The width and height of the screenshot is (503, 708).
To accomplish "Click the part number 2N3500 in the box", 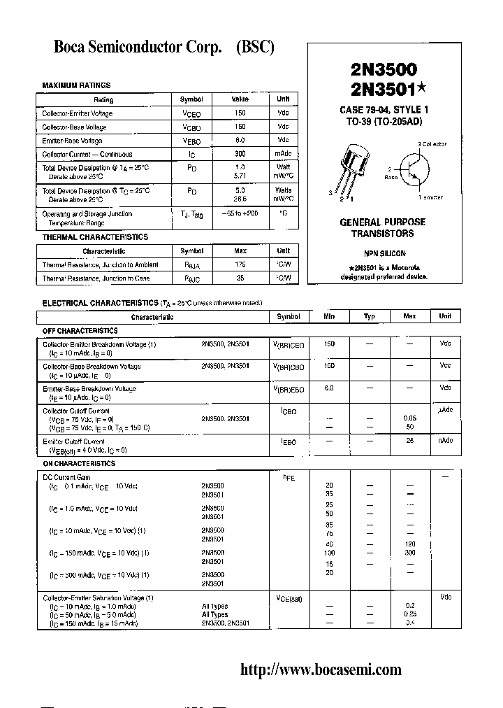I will (x=384, y=70).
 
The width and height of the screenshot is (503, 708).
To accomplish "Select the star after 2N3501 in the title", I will (x=422, y=87).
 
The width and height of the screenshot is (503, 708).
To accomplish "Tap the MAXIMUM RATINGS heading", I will (x=76, y=85).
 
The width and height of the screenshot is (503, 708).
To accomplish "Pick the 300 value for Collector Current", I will (x=240, y=154).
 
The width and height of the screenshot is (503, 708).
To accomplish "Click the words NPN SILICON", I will (x=384, y=253).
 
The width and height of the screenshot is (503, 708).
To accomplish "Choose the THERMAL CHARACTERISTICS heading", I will (x=95, y=237).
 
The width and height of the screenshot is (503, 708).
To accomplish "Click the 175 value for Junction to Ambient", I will (x=240, y=264).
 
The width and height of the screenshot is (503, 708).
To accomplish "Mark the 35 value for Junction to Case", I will (x=240, y=278).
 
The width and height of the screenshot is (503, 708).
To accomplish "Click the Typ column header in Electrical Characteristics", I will (x=370, y=316).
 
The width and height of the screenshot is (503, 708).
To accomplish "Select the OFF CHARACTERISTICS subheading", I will (x=80, y=330).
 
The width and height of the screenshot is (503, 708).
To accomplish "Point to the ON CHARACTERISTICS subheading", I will (x=79, y=463).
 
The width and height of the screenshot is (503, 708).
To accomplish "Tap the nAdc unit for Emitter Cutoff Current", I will (x=445, y=441).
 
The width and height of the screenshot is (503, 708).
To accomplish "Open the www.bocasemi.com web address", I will (x=321, y=670).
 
